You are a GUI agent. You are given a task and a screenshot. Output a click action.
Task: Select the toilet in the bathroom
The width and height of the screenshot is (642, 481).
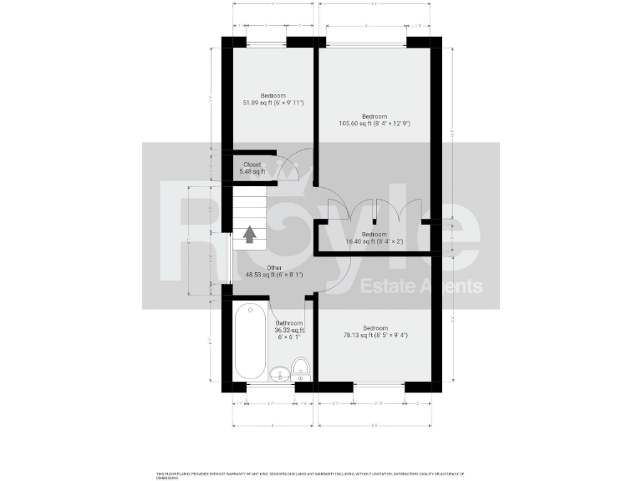(301, 366)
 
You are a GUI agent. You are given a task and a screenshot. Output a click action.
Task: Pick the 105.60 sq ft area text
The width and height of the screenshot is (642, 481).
(374, 124)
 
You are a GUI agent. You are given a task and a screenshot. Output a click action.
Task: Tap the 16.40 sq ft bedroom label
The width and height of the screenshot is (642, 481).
(374, 241)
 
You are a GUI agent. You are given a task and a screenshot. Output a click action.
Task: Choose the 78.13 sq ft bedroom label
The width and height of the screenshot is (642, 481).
(374, 336)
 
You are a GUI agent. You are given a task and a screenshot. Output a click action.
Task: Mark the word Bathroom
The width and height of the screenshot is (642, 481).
(289, 322)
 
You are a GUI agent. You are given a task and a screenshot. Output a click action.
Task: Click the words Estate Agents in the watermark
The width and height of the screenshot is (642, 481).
(421, 287)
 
